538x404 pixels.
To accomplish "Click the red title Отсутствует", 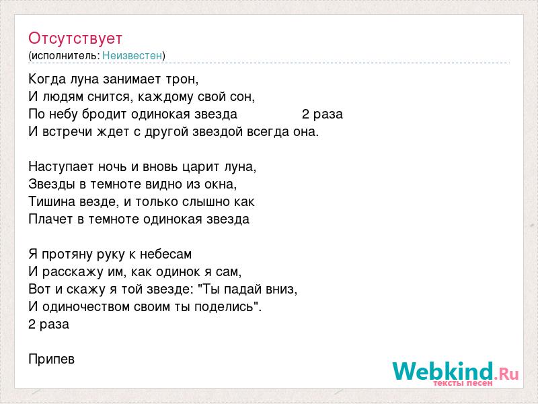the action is (x=75, y=38).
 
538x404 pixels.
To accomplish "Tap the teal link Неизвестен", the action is (x=132, y=55).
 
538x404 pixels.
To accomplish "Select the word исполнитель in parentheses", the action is (x=65, y=56).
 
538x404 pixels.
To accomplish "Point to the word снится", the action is (x=110, y=97).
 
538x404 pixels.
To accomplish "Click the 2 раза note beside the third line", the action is (x=322, y=114).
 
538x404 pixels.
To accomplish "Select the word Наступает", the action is (x=61, y=167).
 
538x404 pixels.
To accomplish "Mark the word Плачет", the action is (x=50, y=220).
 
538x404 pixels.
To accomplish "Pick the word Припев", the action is (x=52, y=360).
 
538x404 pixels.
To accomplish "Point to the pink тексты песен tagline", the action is (x=463, y=383).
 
